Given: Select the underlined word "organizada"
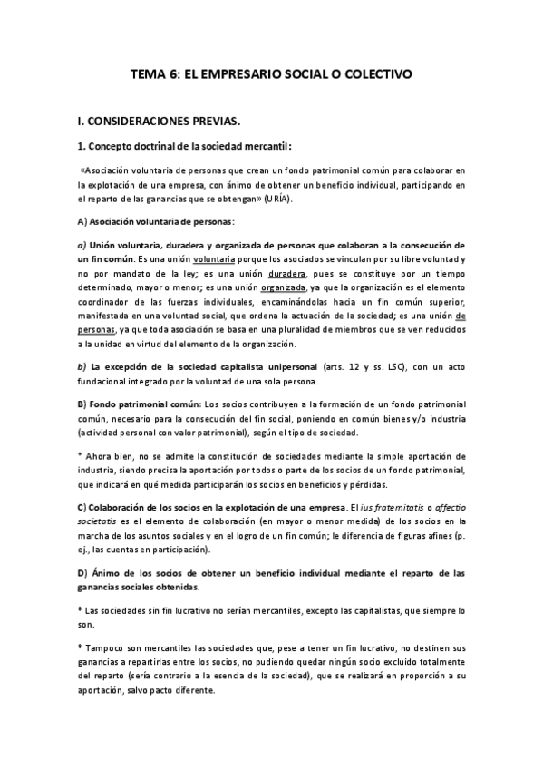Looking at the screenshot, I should pos(280,287).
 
